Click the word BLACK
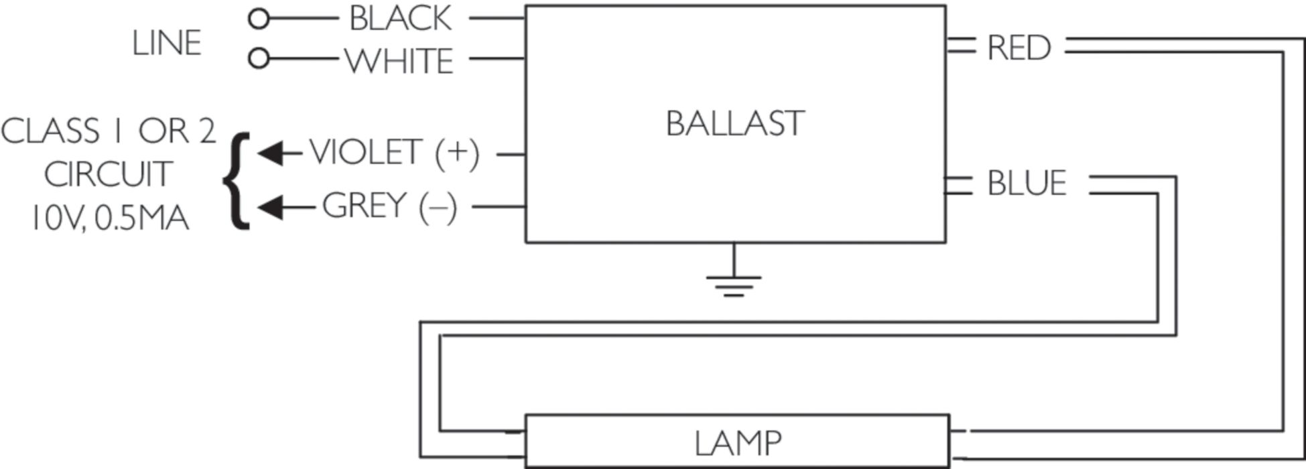coord(400,19)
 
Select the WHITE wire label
coord(399,61)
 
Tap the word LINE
coord(166,44)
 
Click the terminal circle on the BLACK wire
coord(258,19)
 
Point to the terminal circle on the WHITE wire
coord(258,59)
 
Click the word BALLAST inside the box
coord(734,124)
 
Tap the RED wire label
coord(1019,48)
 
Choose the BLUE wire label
coord(1027,184)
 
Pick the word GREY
coord(365,206)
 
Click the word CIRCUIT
coord(108,175)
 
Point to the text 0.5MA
coord(141,218)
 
